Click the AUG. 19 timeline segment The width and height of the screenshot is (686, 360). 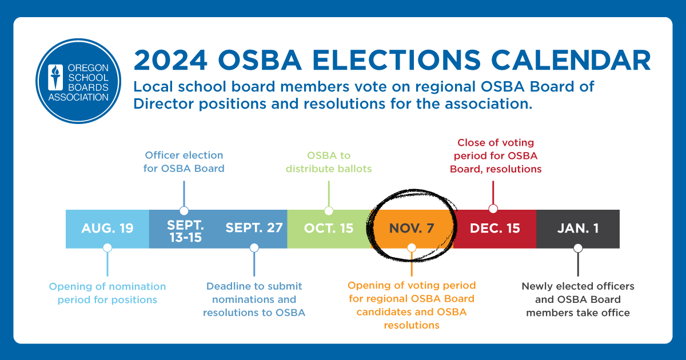point(107,229)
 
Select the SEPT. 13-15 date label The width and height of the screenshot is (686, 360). point(185,230)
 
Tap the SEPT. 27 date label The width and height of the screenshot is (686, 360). point(254,228)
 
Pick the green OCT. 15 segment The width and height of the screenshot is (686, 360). point(329,229)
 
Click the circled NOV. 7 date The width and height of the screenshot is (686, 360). point(412,229)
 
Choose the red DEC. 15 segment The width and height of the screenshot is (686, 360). point(495,229)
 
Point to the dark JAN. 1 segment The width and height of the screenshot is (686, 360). point(578,229)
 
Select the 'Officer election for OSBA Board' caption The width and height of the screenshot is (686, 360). point(184,162)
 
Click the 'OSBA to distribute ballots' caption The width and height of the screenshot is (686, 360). point(329,162)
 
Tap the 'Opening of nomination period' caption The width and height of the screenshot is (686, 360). point(107,293)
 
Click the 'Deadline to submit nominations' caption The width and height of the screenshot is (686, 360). point(254,299)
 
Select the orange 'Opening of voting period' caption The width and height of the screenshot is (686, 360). point(412,305)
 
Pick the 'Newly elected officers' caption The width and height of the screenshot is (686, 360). point(578,299)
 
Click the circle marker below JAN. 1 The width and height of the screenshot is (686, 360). point(578,248)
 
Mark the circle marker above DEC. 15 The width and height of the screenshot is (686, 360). point(493,209)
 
